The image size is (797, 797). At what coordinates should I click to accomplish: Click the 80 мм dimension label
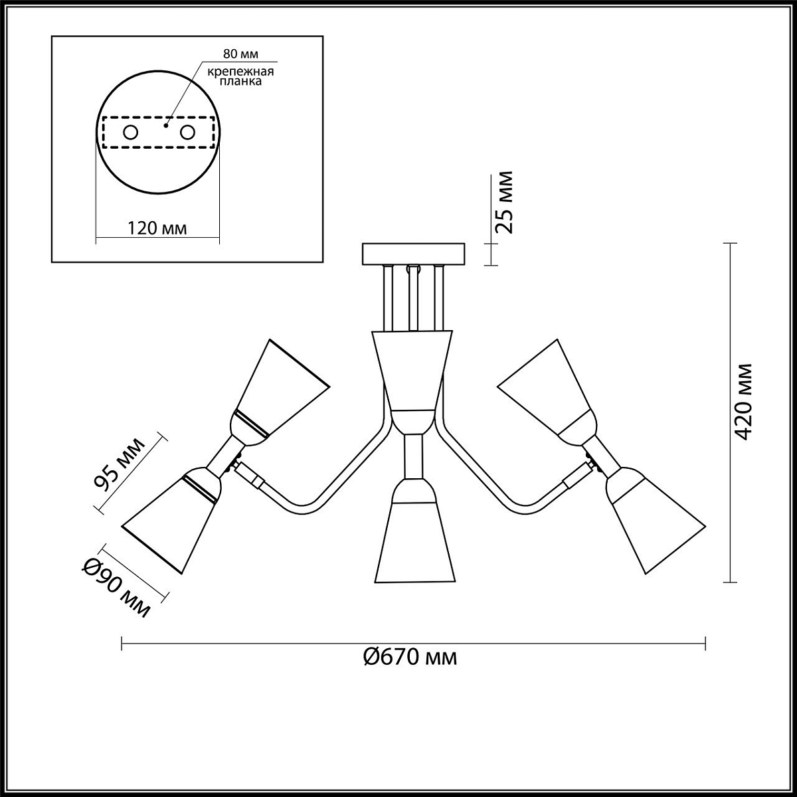point(240,54)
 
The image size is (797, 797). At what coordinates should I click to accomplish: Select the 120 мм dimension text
point(157,228)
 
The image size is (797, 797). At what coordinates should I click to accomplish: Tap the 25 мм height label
point(504,203)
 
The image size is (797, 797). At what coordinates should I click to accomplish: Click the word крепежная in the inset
point(240,72)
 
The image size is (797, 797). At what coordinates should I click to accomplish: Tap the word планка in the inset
point(240,81)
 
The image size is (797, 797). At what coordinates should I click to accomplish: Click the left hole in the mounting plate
point(131,133)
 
